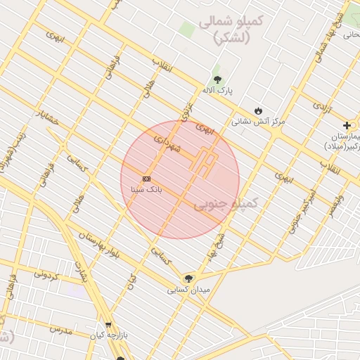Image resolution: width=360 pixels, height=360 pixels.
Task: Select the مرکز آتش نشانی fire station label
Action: point(259,121)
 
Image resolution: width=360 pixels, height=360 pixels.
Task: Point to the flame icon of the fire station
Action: point(259,110)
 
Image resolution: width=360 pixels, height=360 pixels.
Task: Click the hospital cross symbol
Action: point(346,124)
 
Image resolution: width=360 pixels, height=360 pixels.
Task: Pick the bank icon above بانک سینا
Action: point(146,179)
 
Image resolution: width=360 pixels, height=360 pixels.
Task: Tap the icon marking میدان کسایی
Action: point(188,278)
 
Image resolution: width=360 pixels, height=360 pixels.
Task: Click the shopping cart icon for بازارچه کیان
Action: point(108,324)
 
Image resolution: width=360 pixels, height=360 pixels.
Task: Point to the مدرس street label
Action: point(61,329)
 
